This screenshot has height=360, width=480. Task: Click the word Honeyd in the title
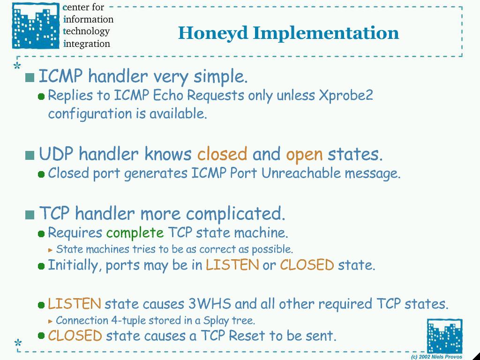[x=213, y=34]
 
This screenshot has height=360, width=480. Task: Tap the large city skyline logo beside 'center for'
[x=36, y=26]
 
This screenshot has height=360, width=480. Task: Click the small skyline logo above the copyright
[x=444, y=336]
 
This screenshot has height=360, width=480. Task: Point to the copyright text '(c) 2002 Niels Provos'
[x=436, y=357]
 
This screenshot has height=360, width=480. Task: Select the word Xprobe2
[x=345, y=95]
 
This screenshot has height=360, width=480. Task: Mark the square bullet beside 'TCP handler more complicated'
[x=30, y=215]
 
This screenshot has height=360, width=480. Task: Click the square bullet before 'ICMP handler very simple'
[x=30, y=78]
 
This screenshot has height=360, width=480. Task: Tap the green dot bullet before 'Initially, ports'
[x=41, y=266]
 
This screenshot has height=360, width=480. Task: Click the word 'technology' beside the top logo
[x=86, y=31]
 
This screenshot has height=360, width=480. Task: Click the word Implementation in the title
[x=326, y=34]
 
